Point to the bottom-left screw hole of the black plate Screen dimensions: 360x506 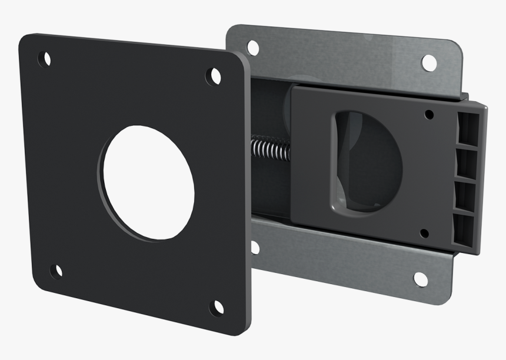[x=56, y=271]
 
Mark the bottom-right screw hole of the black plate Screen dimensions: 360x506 [x=217, y=307]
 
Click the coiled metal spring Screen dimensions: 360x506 [x=271, y=149]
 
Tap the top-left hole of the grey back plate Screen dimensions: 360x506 [x=253, y=48]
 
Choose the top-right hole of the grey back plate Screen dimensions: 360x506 [x=429, y=63]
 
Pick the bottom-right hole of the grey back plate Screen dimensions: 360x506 [x=421, y=279]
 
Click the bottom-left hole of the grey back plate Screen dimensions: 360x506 [x=255, y=247]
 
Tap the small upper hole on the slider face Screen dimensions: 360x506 [x=430, y=114]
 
